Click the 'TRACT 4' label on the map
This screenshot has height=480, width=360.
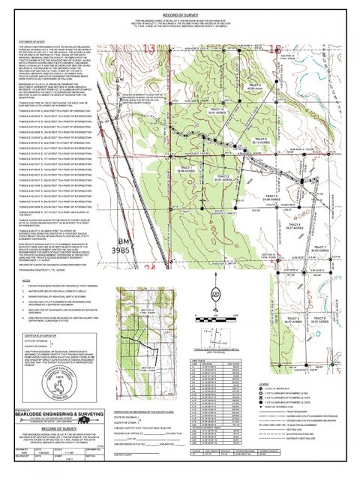tap(295, 226)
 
